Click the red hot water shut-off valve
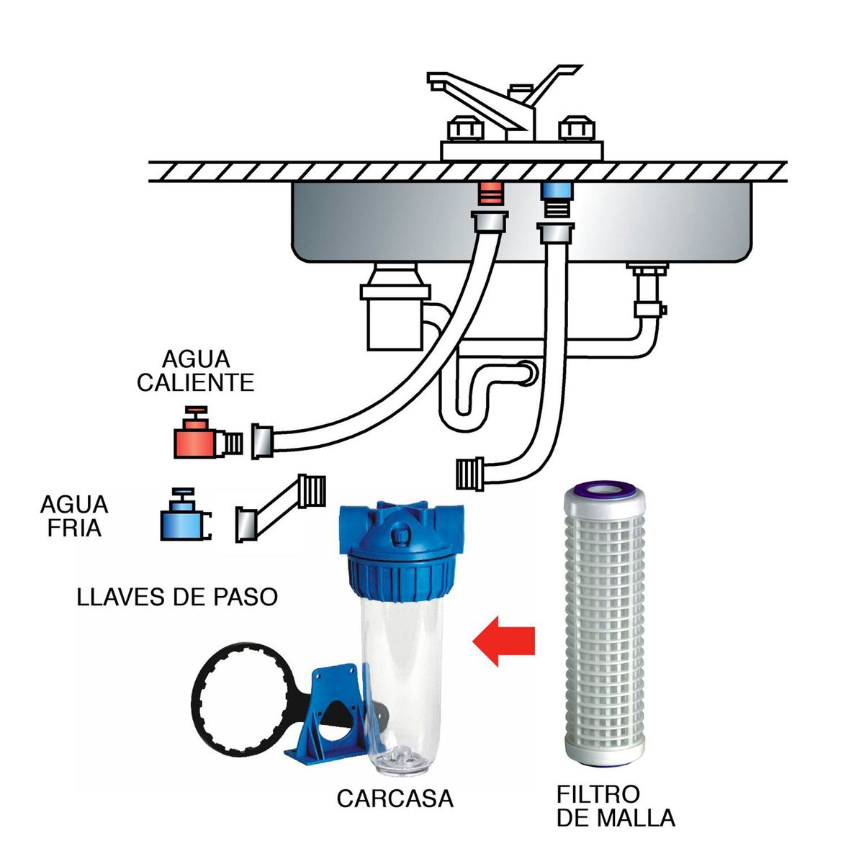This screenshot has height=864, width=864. [x=195, y=437]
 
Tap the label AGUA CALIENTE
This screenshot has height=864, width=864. [x=195, y=371]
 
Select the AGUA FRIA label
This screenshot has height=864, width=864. [x=74, y=516]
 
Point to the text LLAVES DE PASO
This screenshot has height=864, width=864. [x=177, y=597]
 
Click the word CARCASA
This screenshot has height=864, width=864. [x=395, y=798]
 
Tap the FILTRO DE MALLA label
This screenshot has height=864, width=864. [x=616, y=806]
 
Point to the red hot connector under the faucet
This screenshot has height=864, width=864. [x=491, y=194]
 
